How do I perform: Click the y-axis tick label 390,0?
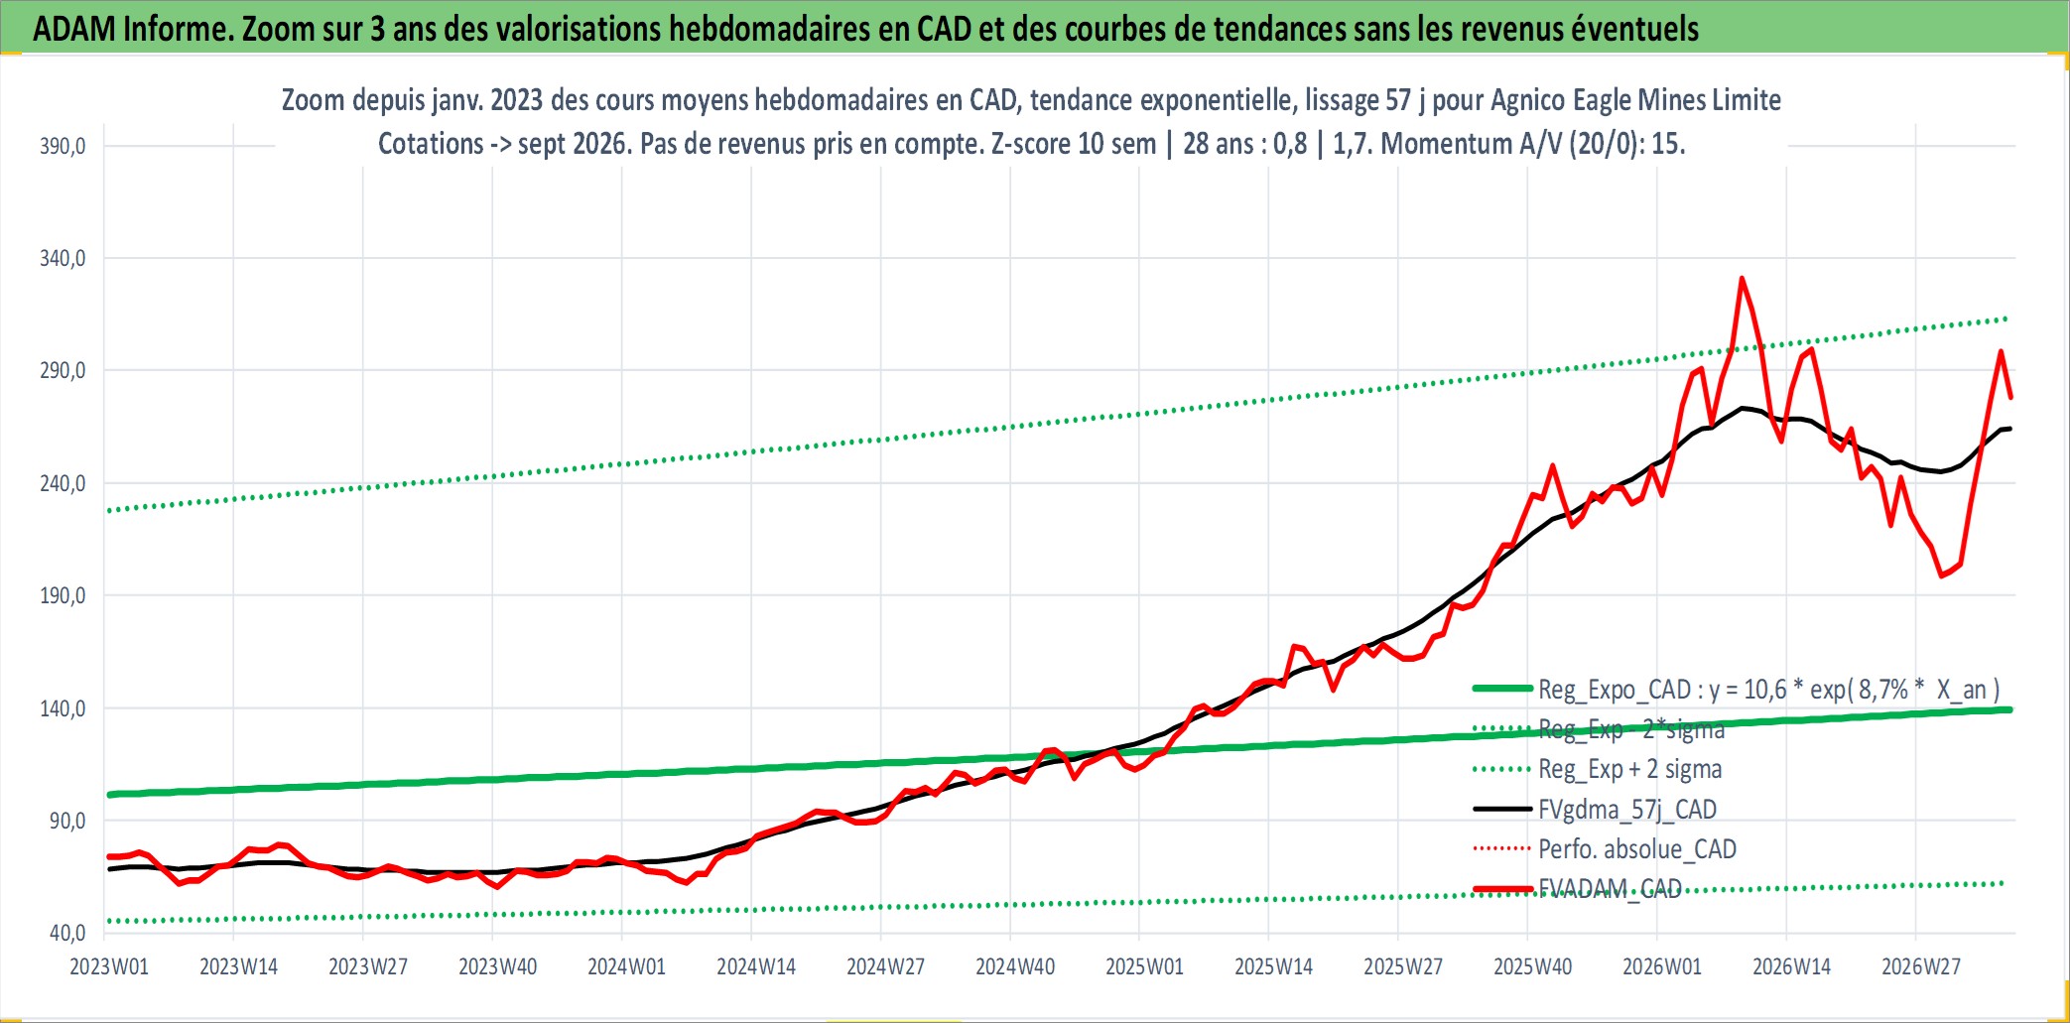pos(63,146)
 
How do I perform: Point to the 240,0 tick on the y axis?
pos(63,483)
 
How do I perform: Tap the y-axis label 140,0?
pos(63,708)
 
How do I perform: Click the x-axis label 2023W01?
pos(109,966)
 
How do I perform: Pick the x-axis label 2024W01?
pos(626,966)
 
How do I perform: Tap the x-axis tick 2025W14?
pos(1273,966)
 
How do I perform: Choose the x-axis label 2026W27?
pos(1921,966)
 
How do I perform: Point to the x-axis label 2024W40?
pos(1015,966)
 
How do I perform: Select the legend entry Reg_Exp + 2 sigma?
pos(1629,769)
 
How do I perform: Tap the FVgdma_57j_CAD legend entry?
pos(1627,810)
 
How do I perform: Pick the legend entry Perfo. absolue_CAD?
pos(1637,849)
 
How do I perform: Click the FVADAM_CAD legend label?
pos(1610,888)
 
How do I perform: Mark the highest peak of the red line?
pos(1742,279)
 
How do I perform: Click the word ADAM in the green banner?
pos(75,29)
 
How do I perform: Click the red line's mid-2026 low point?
pos(1942,575)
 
